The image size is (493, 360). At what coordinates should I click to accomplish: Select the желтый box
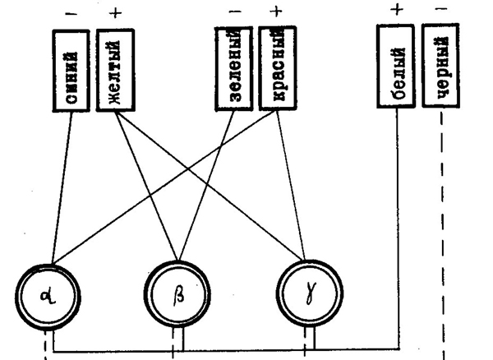[x=114, y=71]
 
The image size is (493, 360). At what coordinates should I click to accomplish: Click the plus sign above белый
[x=396, y=10]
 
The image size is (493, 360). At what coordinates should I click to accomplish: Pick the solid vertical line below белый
[x=397, y=230]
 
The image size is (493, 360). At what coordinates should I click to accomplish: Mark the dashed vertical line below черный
[x=442, y=230]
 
